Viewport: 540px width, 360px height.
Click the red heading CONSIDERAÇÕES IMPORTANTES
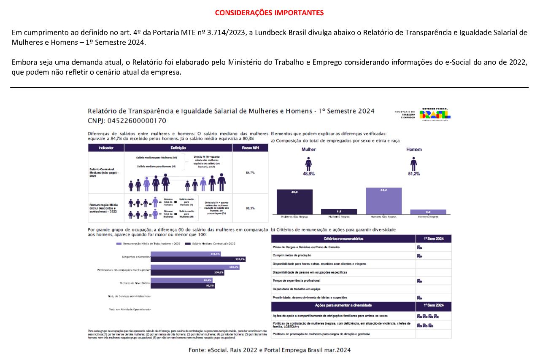pyautogui.click(x=269, y=13)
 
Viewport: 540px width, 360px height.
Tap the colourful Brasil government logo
pyautogui.click(x=435, y=113)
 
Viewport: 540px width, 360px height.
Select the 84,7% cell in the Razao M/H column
pyautogui.click(x=250, y=173)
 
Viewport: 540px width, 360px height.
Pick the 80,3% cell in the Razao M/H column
pyautogui.click(x=250, y=208)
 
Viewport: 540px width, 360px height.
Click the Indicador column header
pyautogui.click(x=105, y=148)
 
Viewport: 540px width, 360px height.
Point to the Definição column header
pyautogui.click(x=178, y=148)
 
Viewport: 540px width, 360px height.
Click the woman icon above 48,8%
pyautogui.click(x=309, y=164)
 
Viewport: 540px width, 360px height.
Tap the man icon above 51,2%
pyautogui.click(x=414, y=164)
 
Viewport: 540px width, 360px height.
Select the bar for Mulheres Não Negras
pyautogui.click(x=294, y=201)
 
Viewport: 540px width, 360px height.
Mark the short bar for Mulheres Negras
pyautogui.click(x=339, y=212)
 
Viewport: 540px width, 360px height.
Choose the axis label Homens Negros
pyautogui.click(x=428, y=217)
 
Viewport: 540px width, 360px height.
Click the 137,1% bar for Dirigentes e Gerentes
pyautogui.click(x=198, y=259)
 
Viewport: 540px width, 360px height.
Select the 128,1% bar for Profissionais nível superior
pyautogui.click(x=195, y=267)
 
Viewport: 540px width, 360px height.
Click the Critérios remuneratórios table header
pyautogui.click(x=343, y=239)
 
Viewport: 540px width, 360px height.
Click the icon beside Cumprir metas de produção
pyautogui.click(x=419, y=255)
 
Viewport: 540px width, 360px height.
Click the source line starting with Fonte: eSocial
pyautogui.click(x=269, y=350)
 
